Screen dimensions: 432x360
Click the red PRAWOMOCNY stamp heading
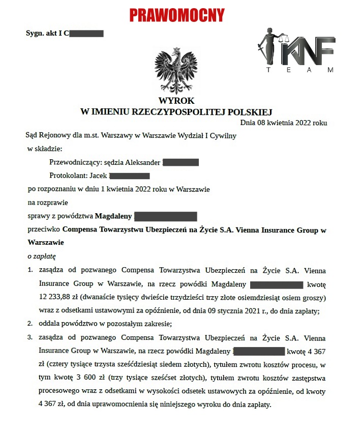click(177, 15)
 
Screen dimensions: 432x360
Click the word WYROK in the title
click(176, 101)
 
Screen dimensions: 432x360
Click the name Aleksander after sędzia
click(142, 163)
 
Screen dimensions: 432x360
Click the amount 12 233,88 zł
click(59, 297)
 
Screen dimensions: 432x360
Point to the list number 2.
click(30, 323)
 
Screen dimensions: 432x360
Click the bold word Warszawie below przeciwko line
click(46, 242)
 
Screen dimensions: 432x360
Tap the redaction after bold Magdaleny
click(165, 216)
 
